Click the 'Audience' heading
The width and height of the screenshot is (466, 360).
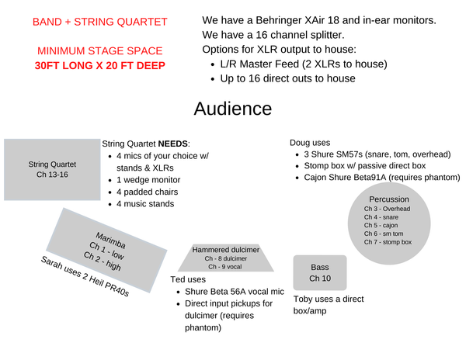[233, 109]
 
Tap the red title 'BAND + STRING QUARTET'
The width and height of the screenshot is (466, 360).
[100, 22]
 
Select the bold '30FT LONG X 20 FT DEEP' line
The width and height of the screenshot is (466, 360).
[100, 65]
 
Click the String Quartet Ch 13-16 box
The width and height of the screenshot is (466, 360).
[52, 169]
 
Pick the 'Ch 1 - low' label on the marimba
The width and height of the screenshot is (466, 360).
[106, 251]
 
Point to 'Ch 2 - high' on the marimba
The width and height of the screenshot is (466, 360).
[103, 261]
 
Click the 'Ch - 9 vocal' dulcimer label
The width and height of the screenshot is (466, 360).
[225, 267]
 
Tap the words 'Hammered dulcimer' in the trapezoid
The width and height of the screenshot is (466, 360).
[225, 250]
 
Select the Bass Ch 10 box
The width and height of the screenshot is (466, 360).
[320, 273]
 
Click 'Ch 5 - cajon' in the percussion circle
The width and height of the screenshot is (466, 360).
[381, 225]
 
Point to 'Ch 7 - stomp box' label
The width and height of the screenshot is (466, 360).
[388, 242]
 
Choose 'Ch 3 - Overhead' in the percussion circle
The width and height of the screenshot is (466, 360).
[387, 209]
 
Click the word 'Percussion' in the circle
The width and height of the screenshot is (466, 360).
[389, 199]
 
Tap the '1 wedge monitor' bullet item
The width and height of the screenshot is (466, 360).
[148, 180]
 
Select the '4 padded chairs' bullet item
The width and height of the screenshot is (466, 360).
[147, 192]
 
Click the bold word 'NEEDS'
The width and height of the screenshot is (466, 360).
[172, 144]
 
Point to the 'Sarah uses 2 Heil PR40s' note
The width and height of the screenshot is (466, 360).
[85, 276]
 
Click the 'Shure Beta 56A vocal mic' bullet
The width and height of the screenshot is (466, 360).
[235, 292]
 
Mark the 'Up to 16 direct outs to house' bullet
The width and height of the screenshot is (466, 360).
[287, 78]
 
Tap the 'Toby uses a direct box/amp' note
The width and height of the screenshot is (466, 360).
[329, 305]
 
